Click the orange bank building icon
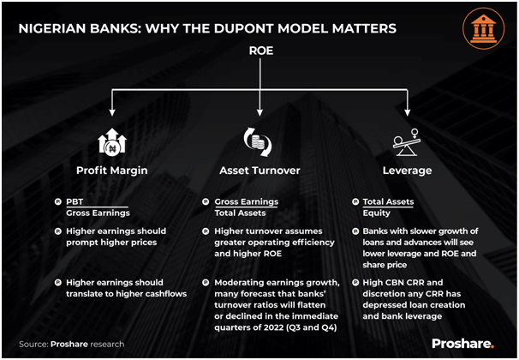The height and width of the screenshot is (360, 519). [x=483, y=28]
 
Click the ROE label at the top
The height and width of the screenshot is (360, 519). [x=261, y=51]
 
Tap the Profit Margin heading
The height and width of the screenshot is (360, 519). [x=112, y=171]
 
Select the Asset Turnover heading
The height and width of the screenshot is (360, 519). [x=259, y=171]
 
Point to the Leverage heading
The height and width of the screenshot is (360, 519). [x=407, y=171]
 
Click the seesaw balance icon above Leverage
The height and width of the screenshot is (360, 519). [x=407, y=142]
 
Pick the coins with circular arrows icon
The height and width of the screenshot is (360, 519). [x=258, y=141]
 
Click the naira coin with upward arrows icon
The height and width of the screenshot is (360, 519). [x=112, y=142]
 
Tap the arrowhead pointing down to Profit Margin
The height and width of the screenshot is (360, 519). [x=112, y=112]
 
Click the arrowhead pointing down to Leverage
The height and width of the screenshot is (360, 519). [x=407, y=112]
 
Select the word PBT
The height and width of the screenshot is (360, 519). [x=75, y=201]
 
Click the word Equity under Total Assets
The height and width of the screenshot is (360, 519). [x=376, y=213]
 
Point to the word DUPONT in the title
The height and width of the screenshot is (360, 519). [x=243, y=28]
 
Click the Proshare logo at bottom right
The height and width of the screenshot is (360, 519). [x=462, y=344]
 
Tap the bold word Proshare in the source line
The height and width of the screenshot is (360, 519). [x=69, y=345]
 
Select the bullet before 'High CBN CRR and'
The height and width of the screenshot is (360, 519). [x=355, y=283]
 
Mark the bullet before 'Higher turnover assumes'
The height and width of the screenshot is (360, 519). [x=206, y=231]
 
